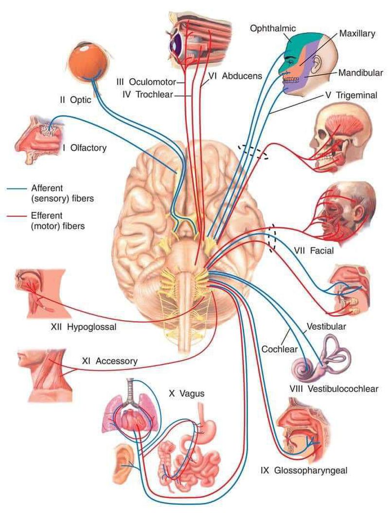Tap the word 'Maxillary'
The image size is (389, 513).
pos(356,34)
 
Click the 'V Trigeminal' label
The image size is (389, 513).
pos(350,95)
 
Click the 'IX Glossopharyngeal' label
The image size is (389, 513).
pos(304,470)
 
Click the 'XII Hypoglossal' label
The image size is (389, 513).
pos(84,327)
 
